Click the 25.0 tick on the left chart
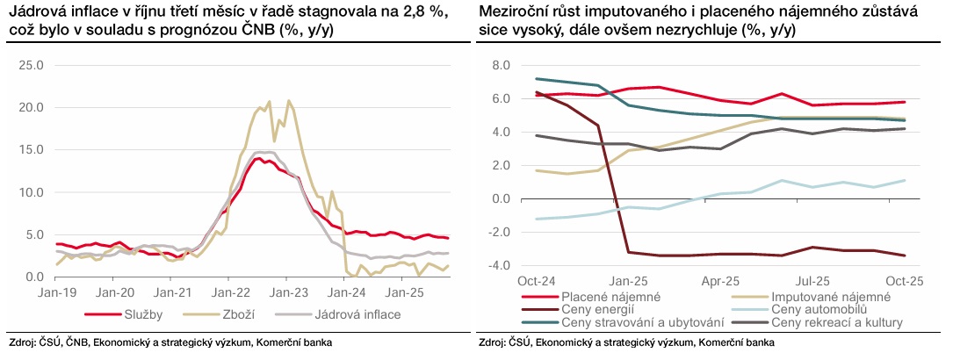32,65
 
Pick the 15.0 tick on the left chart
32,150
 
